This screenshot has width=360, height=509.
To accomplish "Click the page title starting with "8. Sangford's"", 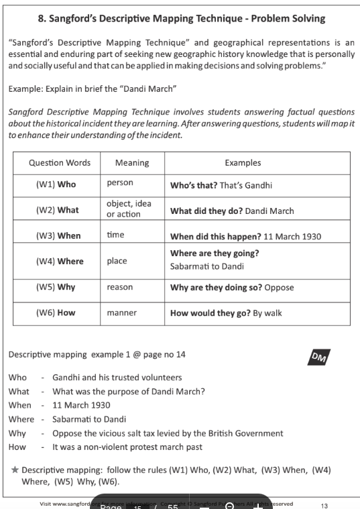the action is (181, 18).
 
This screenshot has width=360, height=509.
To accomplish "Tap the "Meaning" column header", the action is (132, 163).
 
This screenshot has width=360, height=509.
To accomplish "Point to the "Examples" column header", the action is (243, 163).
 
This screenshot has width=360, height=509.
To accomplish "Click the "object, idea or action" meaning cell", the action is (129, 209).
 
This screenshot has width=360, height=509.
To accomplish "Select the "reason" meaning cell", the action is (120, 287).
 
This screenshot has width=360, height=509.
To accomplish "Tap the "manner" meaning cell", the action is (122, 313).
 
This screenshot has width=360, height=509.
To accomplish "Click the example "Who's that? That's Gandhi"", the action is (221, 185).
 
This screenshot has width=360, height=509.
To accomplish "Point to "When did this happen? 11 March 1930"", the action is (245, 236).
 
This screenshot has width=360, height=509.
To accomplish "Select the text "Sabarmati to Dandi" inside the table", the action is (207, 266).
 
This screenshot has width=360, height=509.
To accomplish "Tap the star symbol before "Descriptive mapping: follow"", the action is (15, 469).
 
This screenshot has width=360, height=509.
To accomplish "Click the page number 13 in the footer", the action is (324, 505).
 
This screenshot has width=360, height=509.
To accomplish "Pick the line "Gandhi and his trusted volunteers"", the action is (117, 378).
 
